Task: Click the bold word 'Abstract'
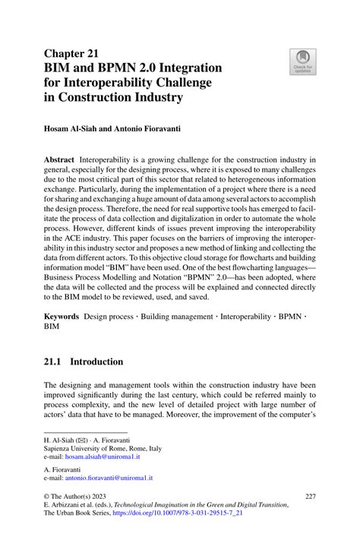click(x=59, y=161)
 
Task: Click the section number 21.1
click(x=55, y=361)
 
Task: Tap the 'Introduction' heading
click(x=101, y=361)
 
